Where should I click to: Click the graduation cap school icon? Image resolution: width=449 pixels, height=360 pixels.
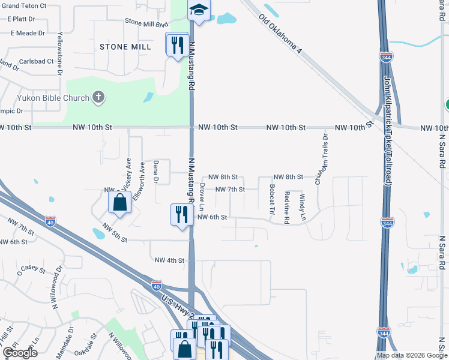coord(198,10)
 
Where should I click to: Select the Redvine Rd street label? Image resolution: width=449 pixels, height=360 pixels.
coord(287,208)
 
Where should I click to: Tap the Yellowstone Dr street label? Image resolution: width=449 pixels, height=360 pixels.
coord(60,54)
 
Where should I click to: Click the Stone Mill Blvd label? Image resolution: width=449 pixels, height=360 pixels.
coord(146,23)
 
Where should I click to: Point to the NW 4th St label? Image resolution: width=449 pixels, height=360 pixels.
coord(168,260)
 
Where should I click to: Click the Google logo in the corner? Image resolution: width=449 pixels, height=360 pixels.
coord(20,353)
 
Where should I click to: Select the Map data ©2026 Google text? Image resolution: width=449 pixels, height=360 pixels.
coord(411,356)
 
